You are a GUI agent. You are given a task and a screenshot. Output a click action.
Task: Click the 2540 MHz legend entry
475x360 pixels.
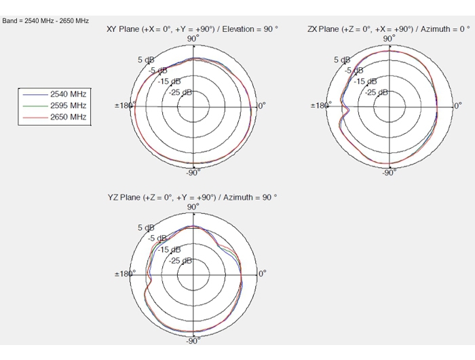pos(54,94)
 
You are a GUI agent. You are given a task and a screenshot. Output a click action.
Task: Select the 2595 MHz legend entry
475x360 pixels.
pos(54,105)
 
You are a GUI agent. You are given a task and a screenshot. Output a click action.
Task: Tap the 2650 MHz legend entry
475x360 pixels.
pos(54,117)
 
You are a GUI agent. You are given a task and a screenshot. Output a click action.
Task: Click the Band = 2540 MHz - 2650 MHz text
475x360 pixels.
pos(45,21)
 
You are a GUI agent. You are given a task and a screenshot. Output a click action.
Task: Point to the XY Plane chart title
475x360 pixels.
pos(192,29)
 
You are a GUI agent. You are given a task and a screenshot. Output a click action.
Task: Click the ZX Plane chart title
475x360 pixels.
pos(388,29)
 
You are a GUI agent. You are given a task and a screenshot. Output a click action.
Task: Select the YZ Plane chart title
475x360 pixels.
pos(192,198)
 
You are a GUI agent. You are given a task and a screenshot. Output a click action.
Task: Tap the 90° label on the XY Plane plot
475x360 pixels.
pos(193,39)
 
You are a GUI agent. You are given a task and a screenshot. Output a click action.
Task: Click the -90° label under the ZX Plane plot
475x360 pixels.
pos(389,173)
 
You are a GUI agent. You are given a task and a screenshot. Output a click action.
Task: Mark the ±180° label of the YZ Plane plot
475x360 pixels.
pos(125,274)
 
